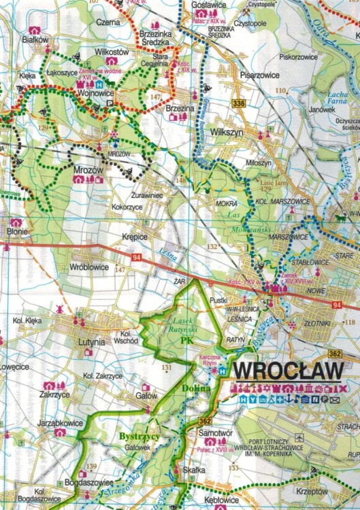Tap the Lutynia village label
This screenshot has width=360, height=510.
tap(91, 343)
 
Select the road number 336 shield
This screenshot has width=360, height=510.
tap(238, 103)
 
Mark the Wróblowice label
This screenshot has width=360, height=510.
tap(89, 267)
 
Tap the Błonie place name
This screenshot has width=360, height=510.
tap(17, 232)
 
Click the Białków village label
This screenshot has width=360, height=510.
tap(35, 41)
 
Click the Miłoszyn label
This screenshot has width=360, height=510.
tap(259, 164)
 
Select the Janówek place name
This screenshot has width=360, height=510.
tap(321, 108)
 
